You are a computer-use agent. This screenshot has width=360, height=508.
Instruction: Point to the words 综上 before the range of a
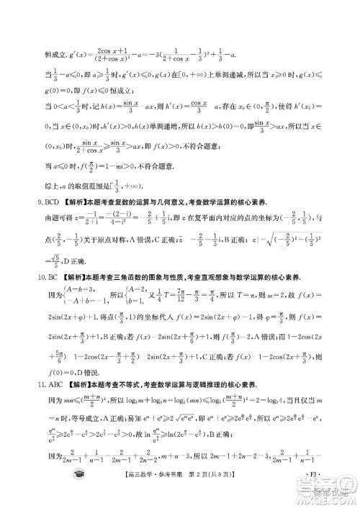pos(41,206)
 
